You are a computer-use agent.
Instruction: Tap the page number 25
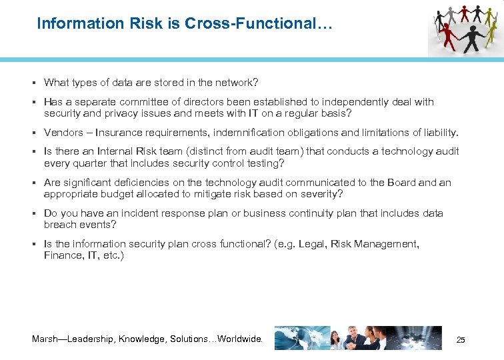click(x=460, y=340)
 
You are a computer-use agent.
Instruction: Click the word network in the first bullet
click(x=233, y=83)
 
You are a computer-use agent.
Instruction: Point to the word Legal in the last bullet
click(x=309, y=244)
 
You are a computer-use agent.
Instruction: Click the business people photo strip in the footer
click(x=358, y=338)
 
